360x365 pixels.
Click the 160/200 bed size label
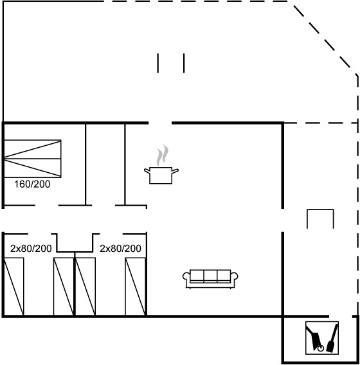point(32,184)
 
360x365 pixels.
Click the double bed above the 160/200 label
point(32,159)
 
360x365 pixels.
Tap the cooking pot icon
point(161,175)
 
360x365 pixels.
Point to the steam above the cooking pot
point(162,156)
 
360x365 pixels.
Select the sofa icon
point(210,279)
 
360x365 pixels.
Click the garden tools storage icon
point(322,338)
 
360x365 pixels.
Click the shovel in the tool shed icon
point(332,338)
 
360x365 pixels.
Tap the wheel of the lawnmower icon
point(321,348)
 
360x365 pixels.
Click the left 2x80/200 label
point(31,249)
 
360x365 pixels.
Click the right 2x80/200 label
point(120,249)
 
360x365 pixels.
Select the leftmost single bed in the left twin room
point(14,287)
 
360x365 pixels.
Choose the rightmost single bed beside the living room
point(136,287)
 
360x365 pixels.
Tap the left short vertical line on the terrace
point(158,63)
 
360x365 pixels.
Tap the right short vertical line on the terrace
point(184,63)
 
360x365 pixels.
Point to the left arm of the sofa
point(186,277)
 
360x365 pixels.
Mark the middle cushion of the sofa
point(210,276)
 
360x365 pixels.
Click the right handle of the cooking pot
point(175,171)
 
